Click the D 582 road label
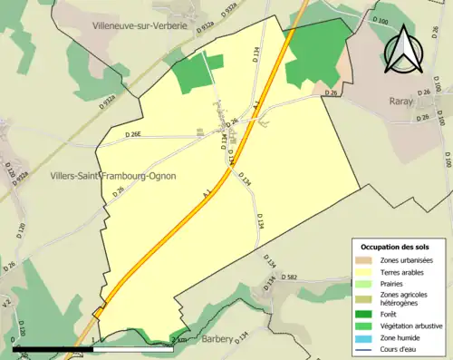[x=290, y=277]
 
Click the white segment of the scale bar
[x=132, y=348]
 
